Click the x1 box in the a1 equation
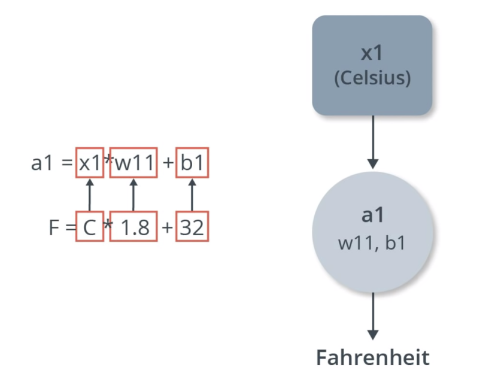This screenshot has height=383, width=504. pos(90,163)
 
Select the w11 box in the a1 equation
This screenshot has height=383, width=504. pos(133,163)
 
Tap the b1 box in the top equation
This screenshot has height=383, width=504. pos(192,163)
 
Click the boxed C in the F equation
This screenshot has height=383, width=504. pos(90,227)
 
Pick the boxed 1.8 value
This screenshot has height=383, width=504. pos(133,227)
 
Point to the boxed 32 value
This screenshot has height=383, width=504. pos(192,227)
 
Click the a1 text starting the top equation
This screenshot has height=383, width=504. pos(42,163)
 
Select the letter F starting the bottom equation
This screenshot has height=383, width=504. pos(54,227)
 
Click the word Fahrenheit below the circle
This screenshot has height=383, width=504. pos(372,358)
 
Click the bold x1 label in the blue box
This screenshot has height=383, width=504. pos(372,53)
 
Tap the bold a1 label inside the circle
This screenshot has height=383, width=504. pos(372,216)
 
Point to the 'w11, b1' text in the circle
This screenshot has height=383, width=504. pos(372,244)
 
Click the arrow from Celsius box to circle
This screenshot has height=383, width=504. pos(373,141)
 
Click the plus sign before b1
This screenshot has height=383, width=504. pos(168,163)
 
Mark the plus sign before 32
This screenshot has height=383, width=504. pos(168,227)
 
